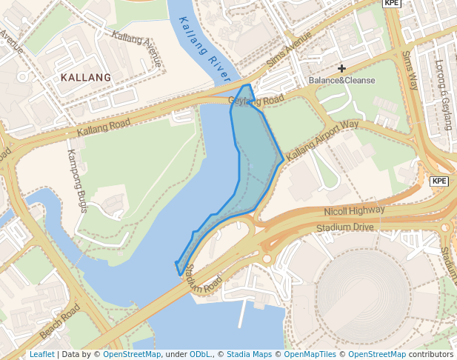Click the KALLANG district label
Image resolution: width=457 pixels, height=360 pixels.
tap(87, 77)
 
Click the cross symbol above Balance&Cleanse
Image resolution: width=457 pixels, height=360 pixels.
tap(341, 68)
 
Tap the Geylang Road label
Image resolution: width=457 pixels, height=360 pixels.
tap(256, 100)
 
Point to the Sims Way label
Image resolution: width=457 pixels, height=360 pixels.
tap(410, 70)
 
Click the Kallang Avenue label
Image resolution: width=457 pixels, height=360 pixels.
tap(136, 47)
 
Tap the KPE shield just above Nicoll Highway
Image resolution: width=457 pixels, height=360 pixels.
tap(439, 181)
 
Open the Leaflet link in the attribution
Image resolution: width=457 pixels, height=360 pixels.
tap(41, 355)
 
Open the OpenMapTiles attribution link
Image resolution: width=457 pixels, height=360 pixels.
tap(311, 355)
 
